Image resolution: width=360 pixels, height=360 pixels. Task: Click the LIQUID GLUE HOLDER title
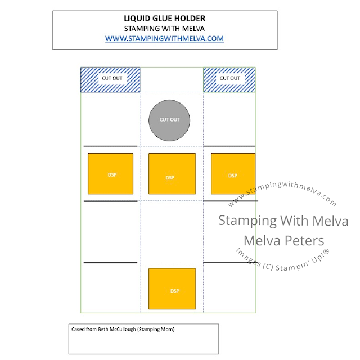point(164,19)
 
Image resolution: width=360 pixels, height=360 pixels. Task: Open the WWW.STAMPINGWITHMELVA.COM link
point(164,38)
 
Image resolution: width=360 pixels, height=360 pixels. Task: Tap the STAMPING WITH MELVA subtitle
point(164,28)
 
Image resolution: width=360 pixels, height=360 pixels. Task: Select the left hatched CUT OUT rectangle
point(111,79)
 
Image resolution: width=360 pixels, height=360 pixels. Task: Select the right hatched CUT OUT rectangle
point(228,79)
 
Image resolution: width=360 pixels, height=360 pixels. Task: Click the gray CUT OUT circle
point(170,120)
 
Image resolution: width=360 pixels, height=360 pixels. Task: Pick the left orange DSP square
point(111,174)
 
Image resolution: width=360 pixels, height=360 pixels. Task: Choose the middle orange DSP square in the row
point(172,173)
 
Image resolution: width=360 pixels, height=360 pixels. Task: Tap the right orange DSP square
point(233,174)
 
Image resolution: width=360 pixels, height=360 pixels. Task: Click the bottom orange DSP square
point(172,289)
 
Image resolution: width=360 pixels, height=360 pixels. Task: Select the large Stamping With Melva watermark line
point(283,220)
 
